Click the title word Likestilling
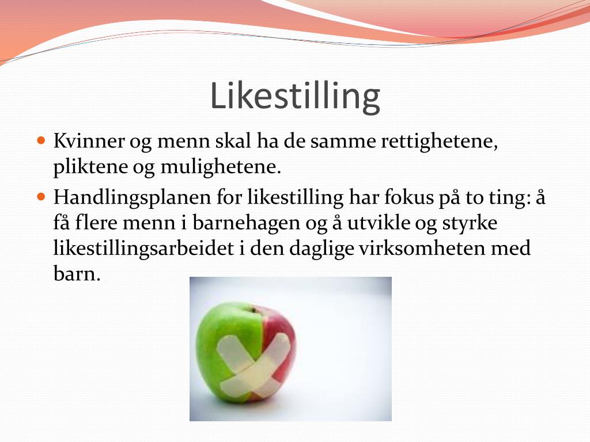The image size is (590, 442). click(294, 97)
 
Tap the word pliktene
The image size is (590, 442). click(85, 167)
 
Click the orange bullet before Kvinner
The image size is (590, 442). click(40, 140)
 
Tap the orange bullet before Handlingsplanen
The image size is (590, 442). click(40, 196)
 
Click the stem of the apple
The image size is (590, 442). click(251, 310)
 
